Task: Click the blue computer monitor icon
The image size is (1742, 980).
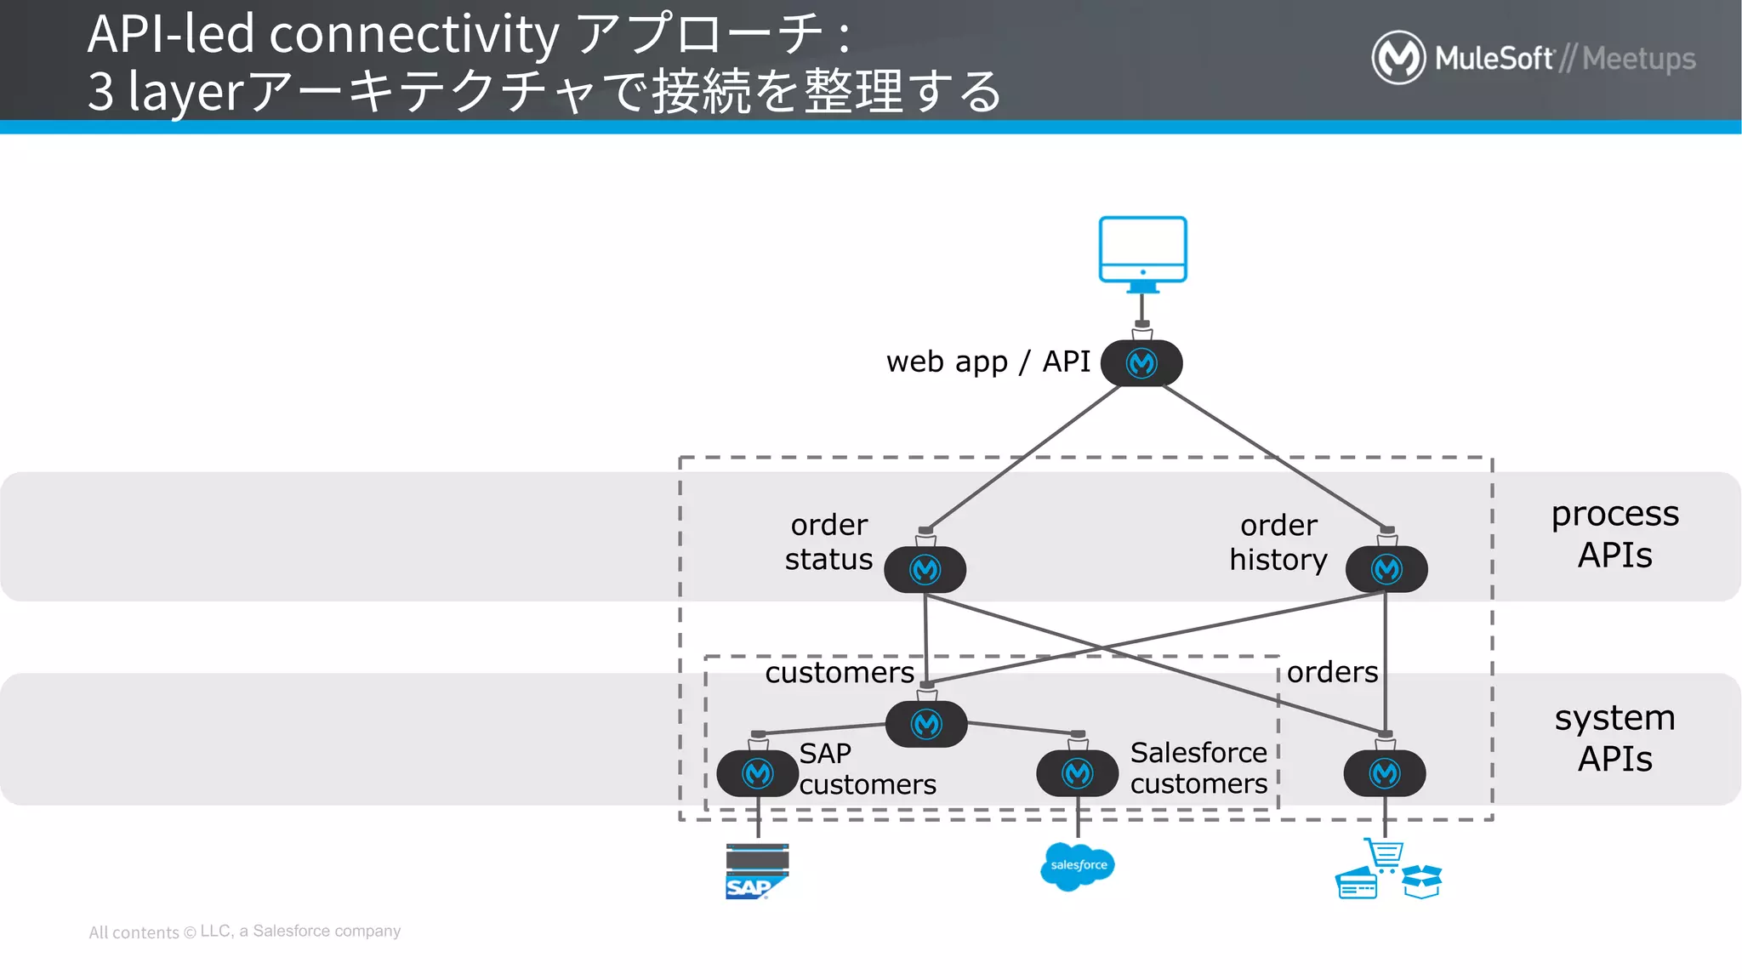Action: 1142,250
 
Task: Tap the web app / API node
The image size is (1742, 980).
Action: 1141,363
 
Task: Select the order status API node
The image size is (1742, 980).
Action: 925,569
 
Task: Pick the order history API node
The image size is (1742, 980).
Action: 1386,569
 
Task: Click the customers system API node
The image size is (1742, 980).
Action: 926,724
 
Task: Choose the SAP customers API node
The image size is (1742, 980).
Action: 757,773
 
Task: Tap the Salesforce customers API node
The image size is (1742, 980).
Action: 1077,773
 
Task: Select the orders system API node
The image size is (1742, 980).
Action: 1385,773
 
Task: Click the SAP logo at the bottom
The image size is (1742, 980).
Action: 756,872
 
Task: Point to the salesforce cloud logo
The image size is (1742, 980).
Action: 1077,866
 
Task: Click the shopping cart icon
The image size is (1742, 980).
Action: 1385,853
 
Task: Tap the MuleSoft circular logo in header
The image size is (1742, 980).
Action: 1398,58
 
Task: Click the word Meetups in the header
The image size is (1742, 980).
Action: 1638,59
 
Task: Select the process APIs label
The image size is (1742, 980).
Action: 1614,534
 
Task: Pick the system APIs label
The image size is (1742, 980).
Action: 1614,738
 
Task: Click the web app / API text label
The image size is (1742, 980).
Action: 988,362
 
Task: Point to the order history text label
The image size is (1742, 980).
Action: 1278,542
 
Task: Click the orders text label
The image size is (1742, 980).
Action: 1332,672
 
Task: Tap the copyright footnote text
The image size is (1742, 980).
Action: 245,932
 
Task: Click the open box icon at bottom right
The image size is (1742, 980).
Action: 1421,881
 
